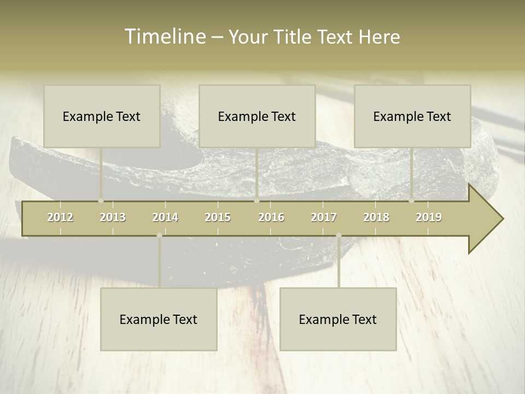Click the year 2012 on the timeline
click(60, 217)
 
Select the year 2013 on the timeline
click(113, 217)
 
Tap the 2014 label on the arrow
click(165, 217)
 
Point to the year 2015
click(218, 217)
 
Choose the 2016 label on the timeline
click(271, 217)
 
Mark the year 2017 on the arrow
click(324, 217)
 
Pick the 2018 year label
click(376, 217)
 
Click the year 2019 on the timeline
click(429, 217)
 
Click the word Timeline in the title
click(165, 37)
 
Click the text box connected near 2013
click(102, 116)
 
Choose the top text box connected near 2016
click(257, 116)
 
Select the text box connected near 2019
click(412, 116)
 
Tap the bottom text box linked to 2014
click(159, 319)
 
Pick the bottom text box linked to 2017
click(338, 319)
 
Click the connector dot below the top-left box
click(101, 200)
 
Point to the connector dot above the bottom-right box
click(339, 235)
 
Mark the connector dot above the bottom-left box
click(159, 235)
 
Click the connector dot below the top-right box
click(411, 200)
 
